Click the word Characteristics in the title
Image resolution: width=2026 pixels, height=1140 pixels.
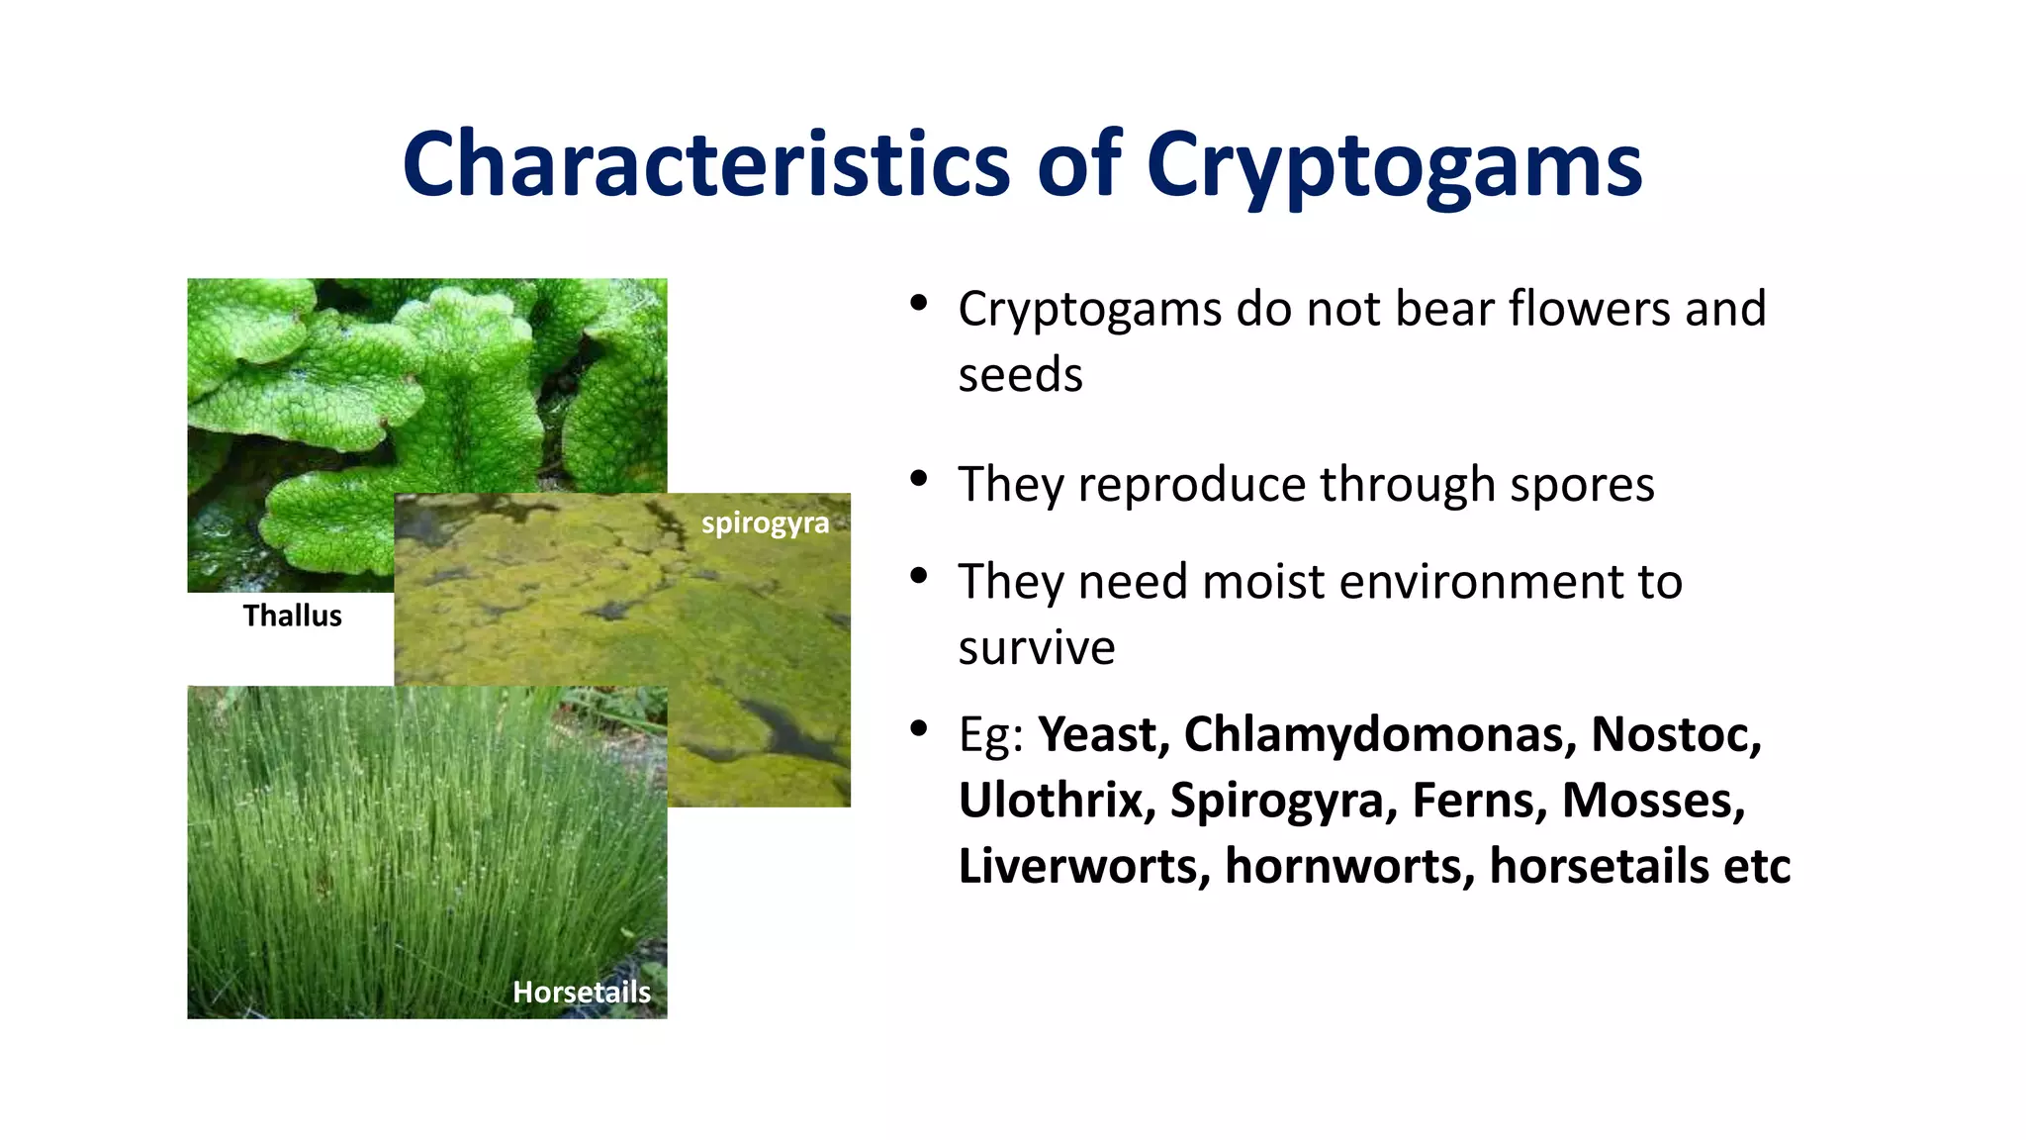(x=706, y=164)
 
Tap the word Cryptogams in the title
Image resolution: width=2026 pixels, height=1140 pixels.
(x=1394, y=164)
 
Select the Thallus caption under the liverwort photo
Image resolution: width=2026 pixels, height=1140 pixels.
(x=293, y=616)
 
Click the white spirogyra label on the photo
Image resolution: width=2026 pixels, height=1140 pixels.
(x=765, y=522)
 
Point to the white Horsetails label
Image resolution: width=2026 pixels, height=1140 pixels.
(x=582, y=992)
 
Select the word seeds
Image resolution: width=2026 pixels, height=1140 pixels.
(x=1020, y=375)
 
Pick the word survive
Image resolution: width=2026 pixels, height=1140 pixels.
(x=1036, y=648)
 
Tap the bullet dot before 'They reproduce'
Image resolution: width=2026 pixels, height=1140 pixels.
(x=919, y=480)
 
